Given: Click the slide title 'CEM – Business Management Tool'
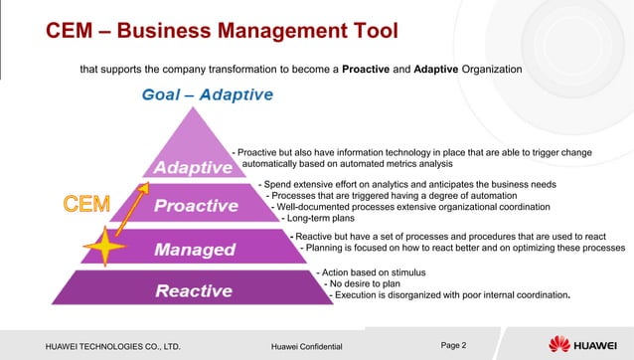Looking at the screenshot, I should [x=223, y=32].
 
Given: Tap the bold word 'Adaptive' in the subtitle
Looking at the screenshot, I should [x=446, y=70].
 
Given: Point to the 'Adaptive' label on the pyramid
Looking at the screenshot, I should [x=193, y=167].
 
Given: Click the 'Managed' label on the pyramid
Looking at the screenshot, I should [x=194, y=249].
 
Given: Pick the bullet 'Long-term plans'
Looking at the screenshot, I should [x=322, y=219].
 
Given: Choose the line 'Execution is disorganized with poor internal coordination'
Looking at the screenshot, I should [x=452, y=295].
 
